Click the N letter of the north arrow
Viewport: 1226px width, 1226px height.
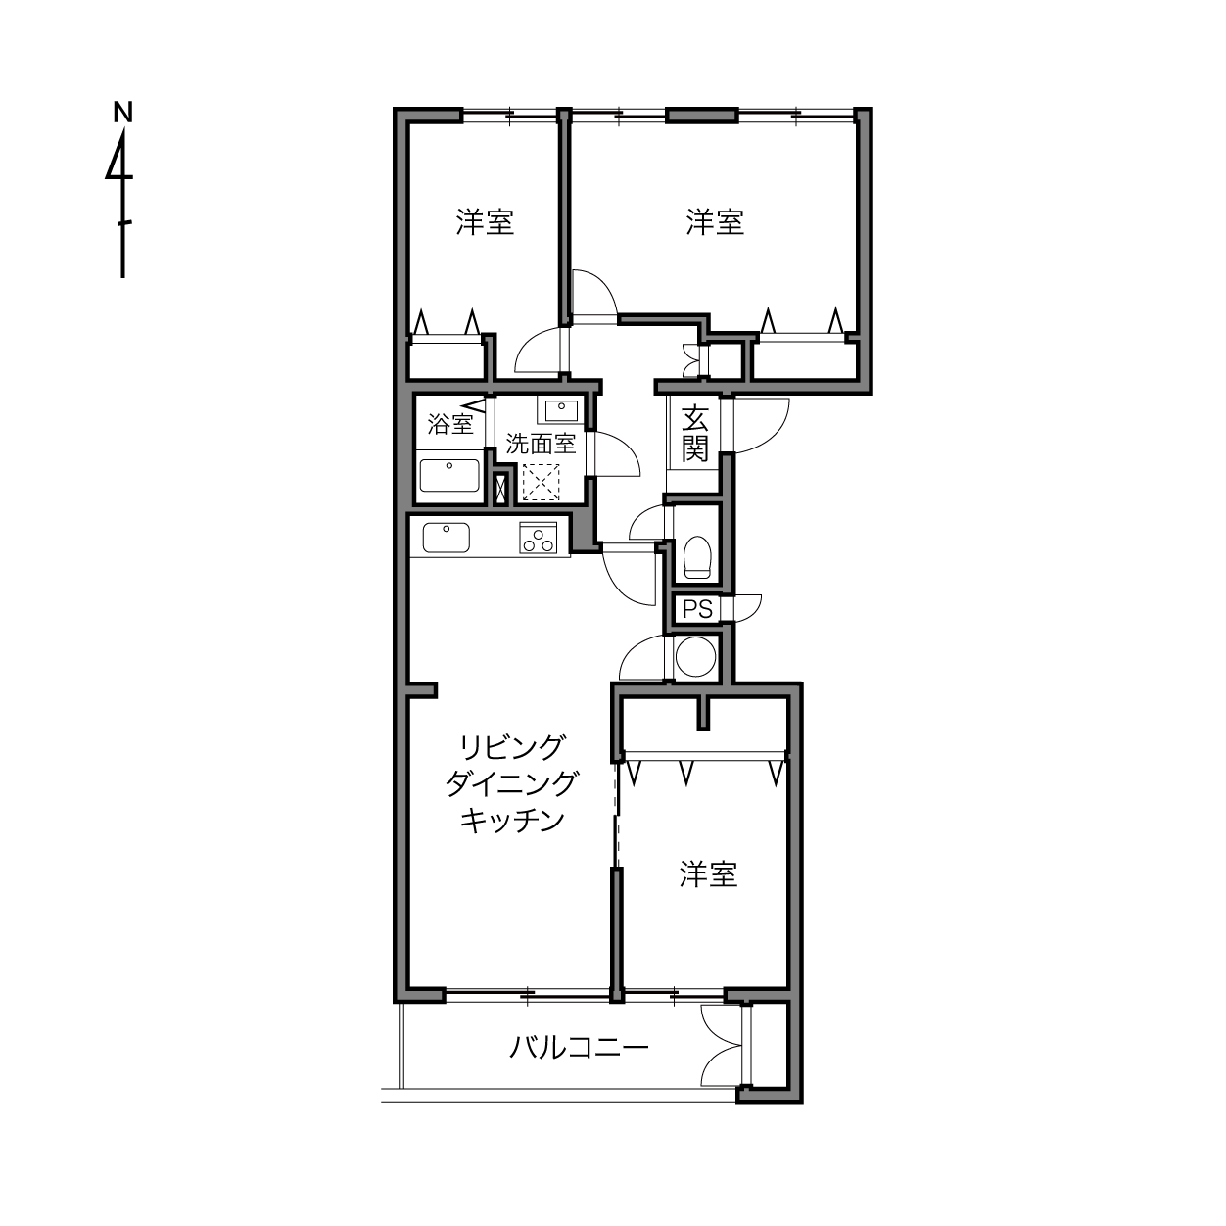122,112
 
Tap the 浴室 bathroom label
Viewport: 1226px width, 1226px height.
450,424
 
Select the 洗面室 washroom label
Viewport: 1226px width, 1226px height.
541,444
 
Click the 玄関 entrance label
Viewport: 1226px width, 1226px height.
694,434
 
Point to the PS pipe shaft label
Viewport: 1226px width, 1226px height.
697,609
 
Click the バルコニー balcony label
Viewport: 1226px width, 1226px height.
579,1047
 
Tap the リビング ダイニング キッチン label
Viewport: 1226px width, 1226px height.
512,783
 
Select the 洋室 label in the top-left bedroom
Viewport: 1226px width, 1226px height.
485,222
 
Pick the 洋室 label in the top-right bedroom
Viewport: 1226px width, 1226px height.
715,222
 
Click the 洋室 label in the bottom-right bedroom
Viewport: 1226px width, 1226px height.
708,874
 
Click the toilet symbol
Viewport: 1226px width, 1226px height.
696,557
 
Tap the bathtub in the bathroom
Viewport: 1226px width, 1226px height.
449,476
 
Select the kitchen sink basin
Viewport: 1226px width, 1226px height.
446,539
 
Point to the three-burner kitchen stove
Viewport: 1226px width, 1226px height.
539,538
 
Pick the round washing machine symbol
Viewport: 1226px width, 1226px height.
695,657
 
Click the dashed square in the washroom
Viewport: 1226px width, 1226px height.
541,483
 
